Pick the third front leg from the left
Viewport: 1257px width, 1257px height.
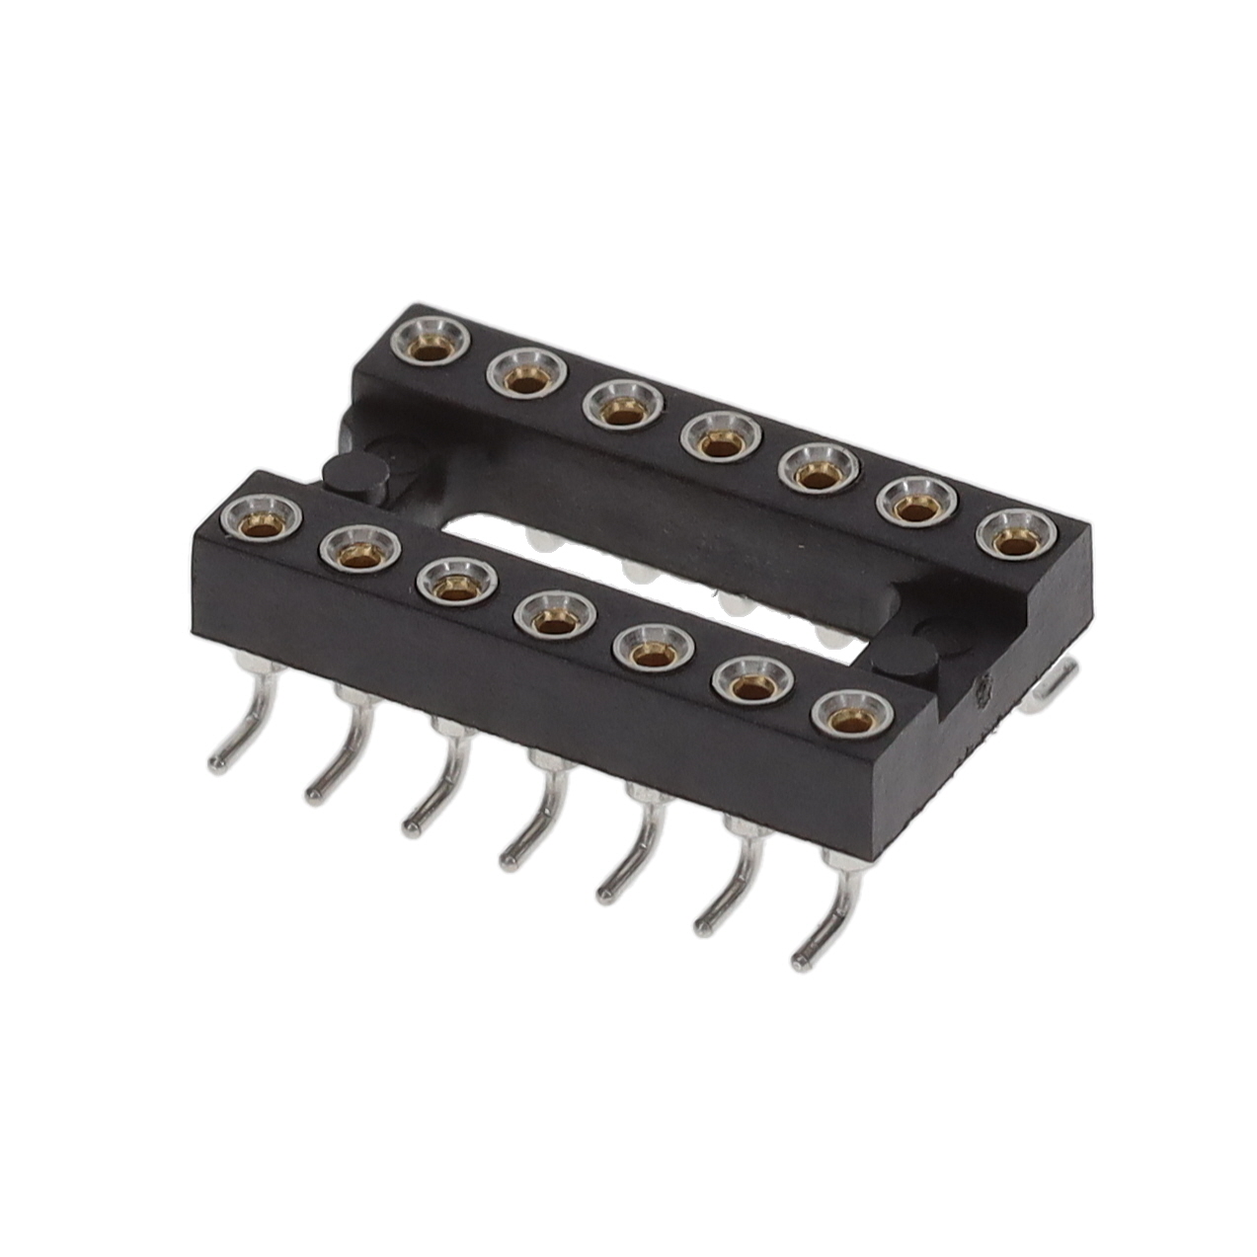click(434, 790)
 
